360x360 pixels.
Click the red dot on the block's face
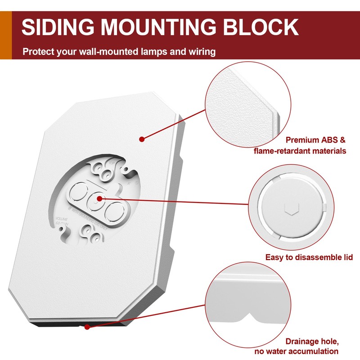tap(142, 139)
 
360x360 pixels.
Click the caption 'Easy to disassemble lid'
tap(309, 257)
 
